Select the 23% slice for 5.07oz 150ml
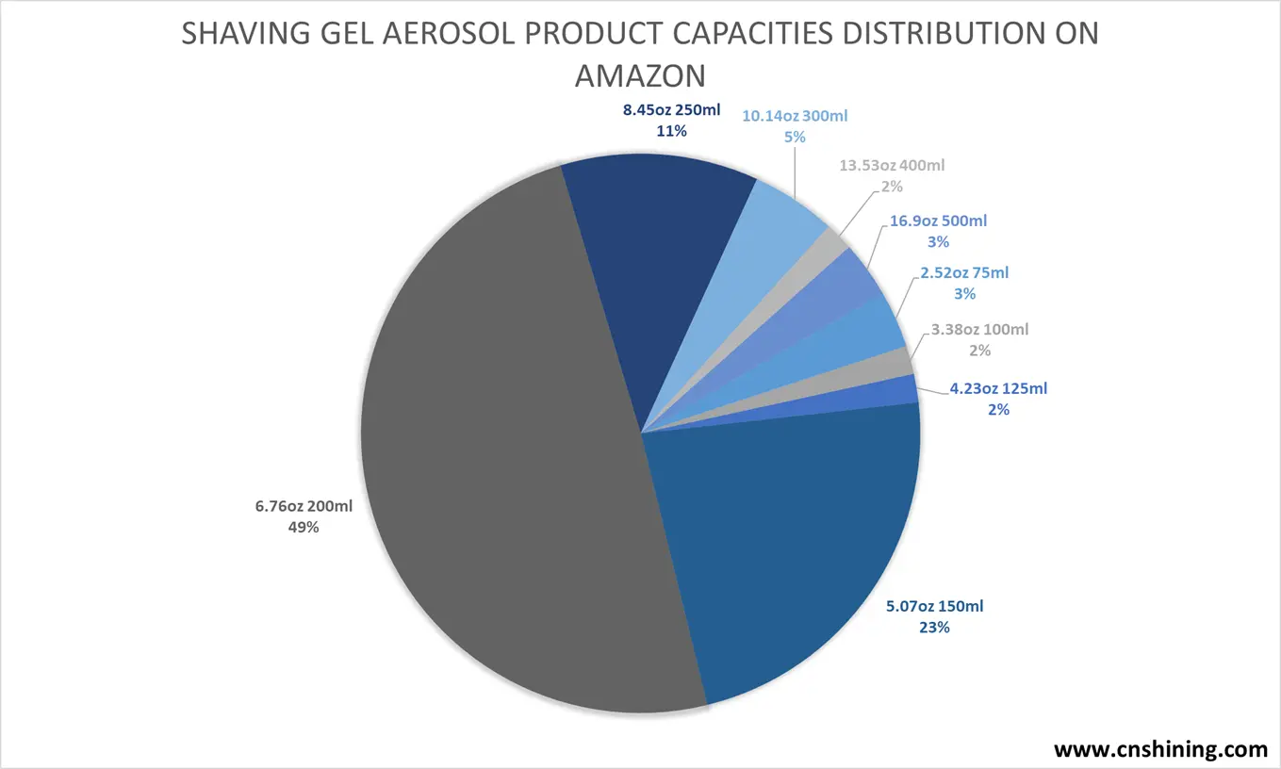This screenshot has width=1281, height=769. pos(782,547)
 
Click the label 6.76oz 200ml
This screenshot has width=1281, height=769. pos(304,507)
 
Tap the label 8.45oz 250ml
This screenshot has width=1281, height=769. pos(671,111)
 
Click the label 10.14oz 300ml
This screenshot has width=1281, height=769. pos(795,116)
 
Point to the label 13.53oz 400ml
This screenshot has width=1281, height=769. pos(892,166)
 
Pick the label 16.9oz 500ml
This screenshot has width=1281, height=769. pos(937,221)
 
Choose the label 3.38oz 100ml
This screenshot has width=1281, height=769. pos(979,330)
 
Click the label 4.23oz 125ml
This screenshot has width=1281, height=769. pos(998,388)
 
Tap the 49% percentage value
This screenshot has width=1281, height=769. pos(304,528)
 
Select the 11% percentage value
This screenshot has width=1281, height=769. pos(671,132)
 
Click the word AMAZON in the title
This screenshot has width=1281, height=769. pos(640,74)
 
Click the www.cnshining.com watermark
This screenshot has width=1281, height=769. pos(1160,750)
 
